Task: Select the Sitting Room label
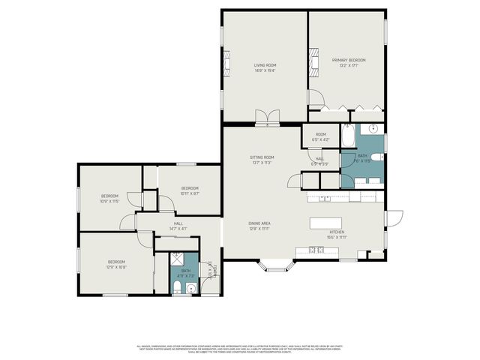pyautogui.click(x=262, y=160)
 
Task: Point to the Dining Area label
pyautogui.click(x=259, y=226)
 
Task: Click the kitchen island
pyautogui.click(x=327, y=222)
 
